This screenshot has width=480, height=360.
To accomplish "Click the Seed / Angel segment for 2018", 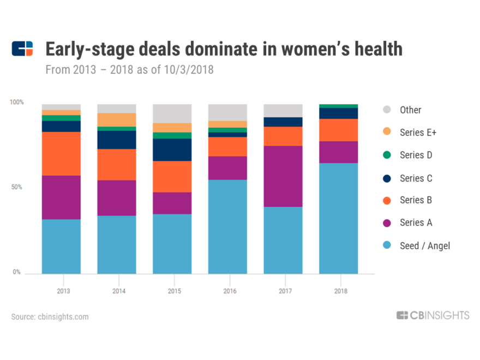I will [x=338, y=218].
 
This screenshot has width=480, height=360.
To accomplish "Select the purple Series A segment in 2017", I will [x=283, y=176].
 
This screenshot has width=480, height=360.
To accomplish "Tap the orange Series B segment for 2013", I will [x=61, y=153].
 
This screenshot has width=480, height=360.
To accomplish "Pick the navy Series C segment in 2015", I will [x=172, y=149].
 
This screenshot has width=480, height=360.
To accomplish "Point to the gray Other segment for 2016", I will [x=227, y=112].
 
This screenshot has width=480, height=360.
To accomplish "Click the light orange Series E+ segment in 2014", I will [x=116, y=119].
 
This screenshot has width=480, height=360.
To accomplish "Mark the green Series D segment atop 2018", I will [x=338, y=106].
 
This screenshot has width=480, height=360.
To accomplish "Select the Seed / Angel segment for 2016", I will [x=227, y=226].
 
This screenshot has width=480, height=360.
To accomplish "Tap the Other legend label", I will [x=410, y=110].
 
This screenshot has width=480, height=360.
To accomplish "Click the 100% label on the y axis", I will [x=17, y=102].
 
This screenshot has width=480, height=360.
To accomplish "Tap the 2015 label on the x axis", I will [x=175, y=291].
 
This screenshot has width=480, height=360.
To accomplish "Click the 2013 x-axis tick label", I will [x=63, y=291].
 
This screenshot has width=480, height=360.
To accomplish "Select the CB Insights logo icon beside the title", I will [x=22, y=49].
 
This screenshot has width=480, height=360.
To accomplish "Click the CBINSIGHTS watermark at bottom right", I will [x=433, y=315].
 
